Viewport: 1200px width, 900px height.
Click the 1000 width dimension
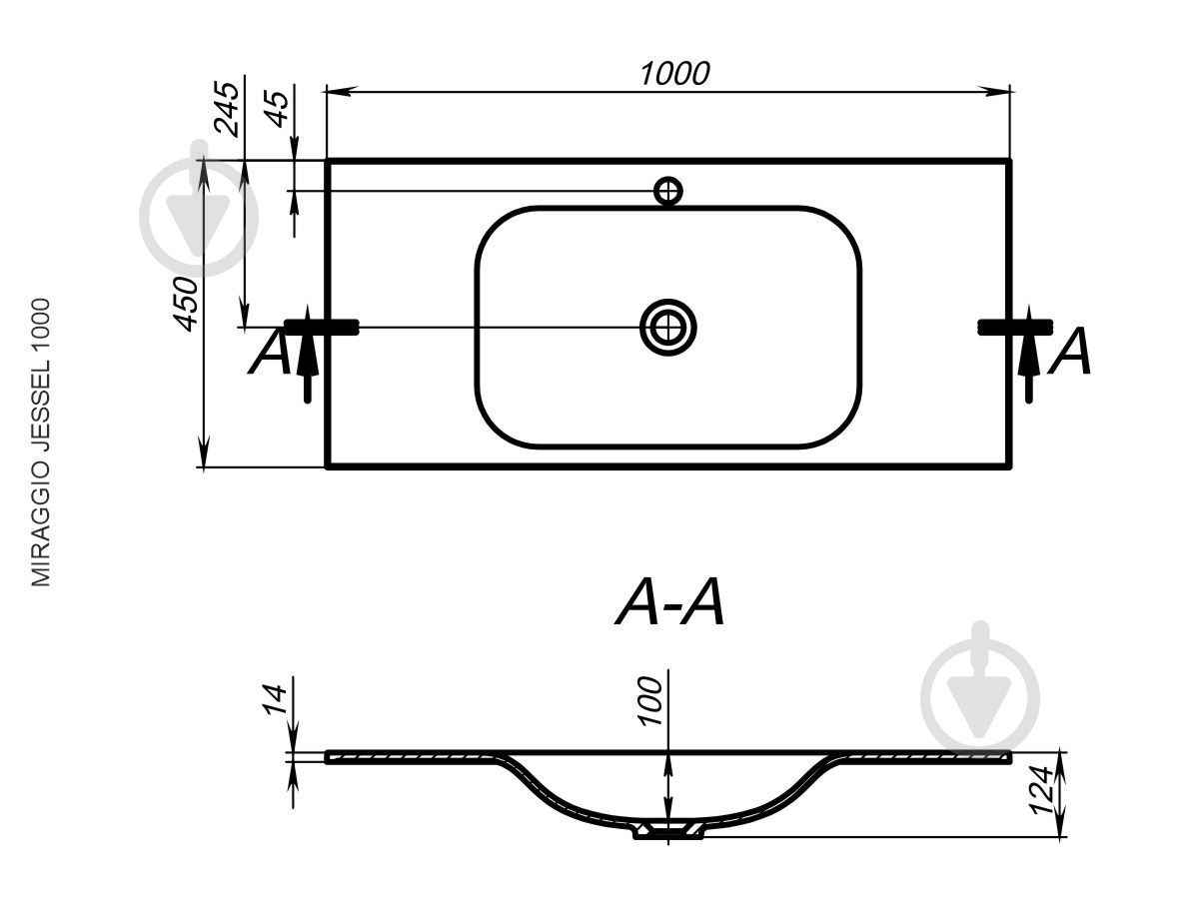675,74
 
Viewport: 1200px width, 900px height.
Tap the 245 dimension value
227,109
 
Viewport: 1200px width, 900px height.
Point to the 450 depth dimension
185,304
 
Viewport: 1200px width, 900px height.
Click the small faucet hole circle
668,191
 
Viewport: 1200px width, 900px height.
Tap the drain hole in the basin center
667,328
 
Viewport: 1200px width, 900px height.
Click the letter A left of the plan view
269,352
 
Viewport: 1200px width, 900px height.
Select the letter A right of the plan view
1069,352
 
